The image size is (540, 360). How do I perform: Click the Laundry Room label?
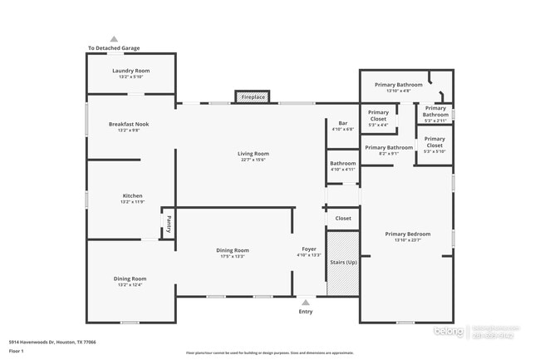[130, 71]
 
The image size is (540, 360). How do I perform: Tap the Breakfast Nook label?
[128, 124]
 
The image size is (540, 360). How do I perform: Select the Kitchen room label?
[133, 195]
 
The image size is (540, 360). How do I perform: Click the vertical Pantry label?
[168, 223]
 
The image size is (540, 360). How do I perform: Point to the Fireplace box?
[253, 97]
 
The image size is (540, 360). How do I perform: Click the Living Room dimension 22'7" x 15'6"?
[253, 160]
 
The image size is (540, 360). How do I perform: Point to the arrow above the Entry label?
[306, 303]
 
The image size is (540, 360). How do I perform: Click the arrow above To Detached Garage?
[114, 39]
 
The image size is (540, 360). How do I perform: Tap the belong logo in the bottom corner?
[453, 332]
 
